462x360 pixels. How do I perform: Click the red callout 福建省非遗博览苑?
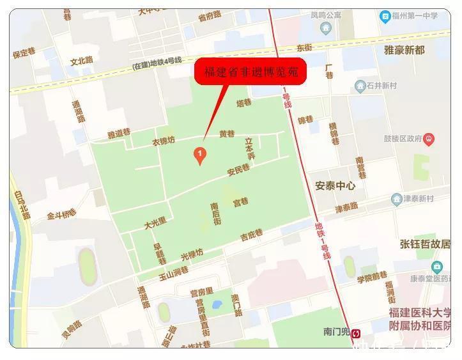click(x=250, y=72)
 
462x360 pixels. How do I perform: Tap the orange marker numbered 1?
click(x=199, y=154)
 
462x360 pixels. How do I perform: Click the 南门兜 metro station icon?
click(x=357, y=333)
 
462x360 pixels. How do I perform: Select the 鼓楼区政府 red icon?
click(x=429, y=138)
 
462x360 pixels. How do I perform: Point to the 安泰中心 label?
click(x=335, y=186)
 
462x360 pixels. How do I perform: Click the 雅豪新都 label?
click(x=404, y=50)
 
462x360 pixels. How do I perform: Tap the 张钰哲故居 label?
click(x=425, y=244)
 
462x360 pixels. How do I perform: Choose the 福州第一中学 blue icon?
click(x=385, y=17)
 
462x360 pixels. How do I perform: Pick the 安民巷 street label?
click(x=238, y=169)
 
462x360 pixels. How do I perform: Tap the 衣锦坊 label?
click(x=163, y=141)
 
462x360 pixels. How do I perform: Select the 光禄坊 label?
click(x=192, y=254)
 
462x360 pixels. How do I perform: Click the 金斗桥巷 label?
click(x=61, y=215)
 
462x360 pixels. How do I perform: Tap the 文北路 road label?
click(x=81, y=61)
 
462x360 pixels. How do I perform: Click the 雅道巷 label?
click(x=119, y=134)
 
